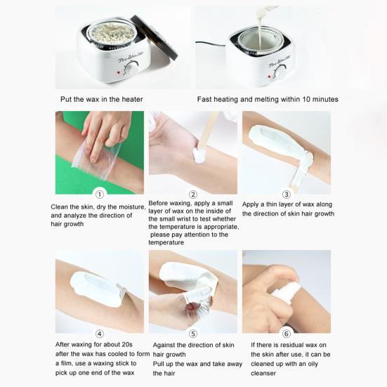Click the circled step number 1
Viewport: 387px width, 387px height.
pos(100,195)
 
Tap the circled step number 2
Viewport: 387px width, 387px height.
pos(193,195)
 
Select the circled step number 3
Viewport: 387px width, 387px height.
pos(287,195)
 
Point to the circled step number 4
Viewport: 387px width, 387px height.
pos(100,334)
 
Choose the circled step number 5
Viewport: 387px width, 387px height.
pos(193,334)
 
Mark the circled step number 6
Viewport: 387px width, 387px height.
pos(287,334)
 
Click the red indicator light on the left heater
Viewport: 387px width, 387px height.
pos(119,72)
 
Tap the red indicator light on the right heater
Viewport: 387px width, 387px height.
pos(269,77)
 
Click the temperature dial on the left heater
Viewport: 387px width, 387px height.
pos(131,68)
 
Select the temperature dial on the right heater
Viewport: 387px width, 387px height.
pos(282,72)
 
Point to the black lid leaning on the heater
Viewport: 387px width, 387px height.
pos(155,37)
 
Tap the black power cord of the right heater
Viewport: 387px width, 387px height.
pos(211,44)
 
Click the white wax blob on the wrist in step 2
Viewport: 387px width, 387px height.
pos(199,155)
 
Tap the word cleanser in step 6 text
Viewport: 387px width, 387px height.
pos(263,373)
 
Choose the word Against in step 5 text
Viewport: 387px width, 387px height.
pos(164,345)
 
